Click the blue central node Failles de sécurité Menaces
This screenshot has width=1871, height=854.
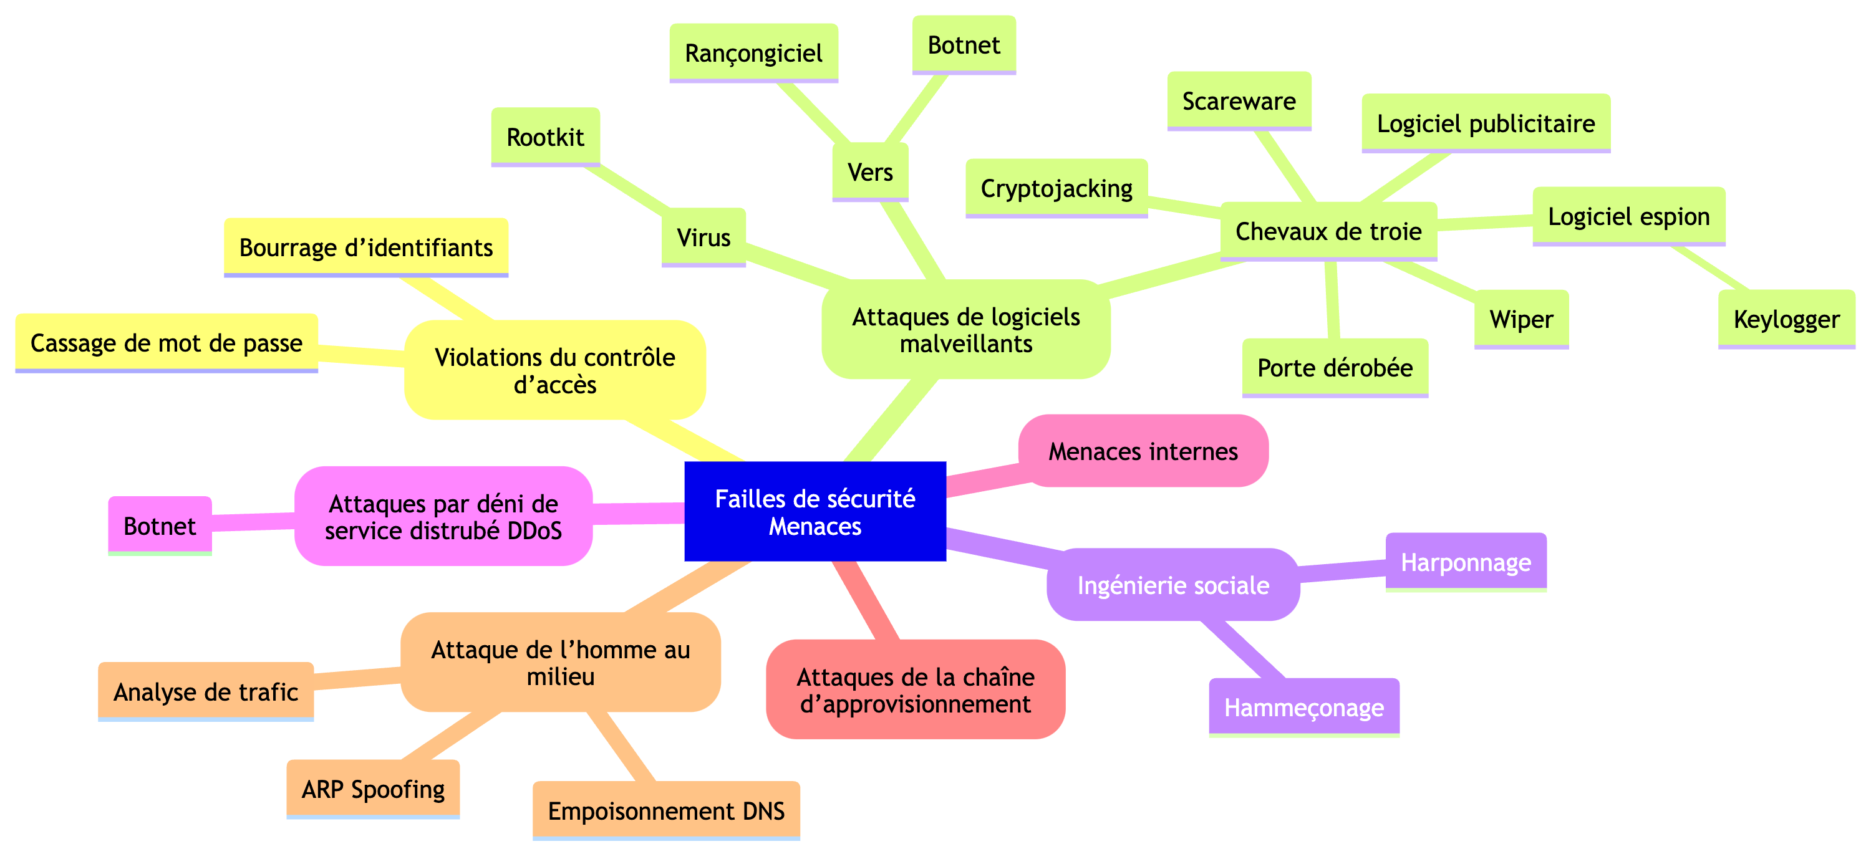815,512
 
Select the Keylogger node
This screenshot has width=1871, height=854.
1786,320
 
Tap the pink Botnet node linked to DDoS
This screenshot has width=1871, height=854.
160,525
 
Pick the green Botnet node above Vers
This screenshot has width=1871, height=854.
964,45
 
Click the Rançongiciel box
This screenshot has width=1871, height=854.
753,53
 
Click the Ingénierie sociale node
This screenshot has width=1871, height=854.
1173,585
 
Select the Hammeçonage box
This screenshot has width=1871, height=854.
1303,708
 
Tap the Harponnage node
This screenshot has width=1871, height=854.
1466,562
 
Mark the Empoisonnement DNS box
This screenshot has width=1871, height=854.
666,810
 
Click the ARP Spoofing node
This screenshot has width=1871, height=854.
372,789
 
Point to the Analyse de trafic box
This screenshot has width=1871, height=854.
206,692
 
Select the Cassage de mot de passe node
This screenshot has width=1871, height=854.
167,343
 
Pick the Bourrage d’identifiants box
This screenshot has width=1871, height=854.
366,247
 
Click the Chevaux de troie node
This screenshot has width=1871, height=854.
1328,231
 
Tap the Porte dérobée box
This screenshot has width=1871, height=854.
1335,367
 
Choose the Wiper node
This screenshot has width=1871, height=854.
1521,320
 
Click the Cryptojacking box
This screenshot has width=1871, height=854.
1056,189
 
